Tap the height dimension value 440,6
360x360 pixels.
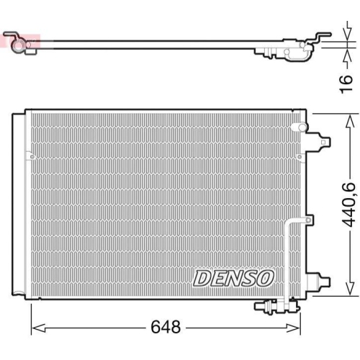pos(348,204)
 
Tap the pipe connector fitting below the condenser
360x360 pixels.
pos(269,307)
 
